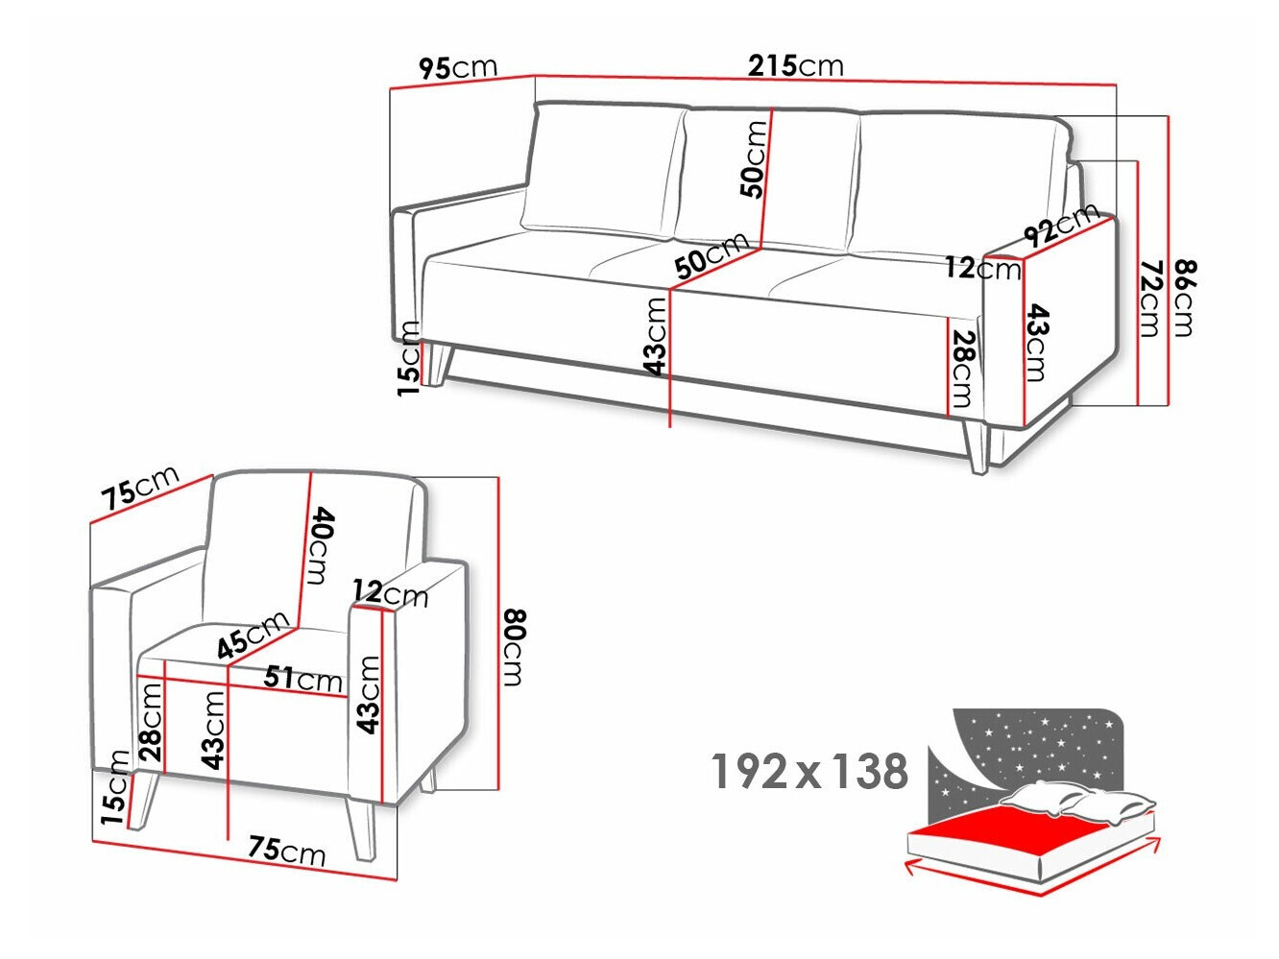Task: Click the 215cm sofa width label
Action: point(795,66)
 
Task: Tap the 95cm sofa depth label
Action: point(458,68)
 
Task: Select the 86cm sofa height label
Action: point(1186,298)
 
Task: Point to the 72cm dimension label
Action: point(1150,299)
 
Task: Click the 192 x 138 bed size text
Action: point(809,771)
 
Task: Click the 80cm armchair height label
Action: point(515,647)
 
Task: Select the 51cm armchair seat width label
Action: point(302,679)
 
